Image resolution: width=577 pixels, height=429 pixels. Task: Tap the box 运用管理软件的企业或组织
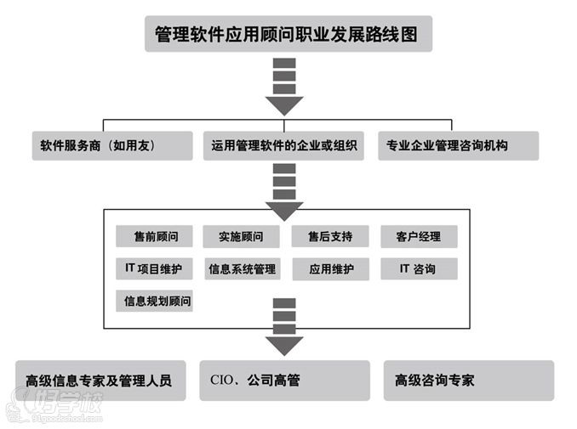click(x=284, y=145)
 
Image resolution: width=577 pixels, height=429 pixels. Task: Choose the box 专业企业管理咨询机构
click(x=458, y=145)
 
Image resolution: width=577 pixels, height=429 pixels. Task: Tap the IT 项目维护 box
click(x=154, y=268)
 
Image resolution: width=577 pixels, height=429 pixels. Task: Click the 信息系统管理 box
click(x=242, y=269)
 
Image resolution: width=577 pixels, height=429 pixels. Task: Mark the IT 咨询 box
click(x=419, y=268)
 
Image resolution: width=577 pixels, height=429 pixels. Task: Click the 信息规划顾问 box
click(x=154, y=301)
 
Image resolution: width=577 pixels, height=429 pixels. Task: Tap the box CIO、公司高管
click(x=284, y=380)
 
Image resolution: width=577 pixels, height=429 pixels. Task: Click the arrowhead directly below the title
click(x=284, y=105)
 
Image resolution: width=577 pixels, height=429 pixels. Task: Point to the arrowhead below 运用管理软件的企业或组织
click(x=284, y=210)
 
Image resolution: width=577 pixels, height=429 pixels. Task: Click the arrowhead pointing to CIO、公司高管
click(x=284, y=345)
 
